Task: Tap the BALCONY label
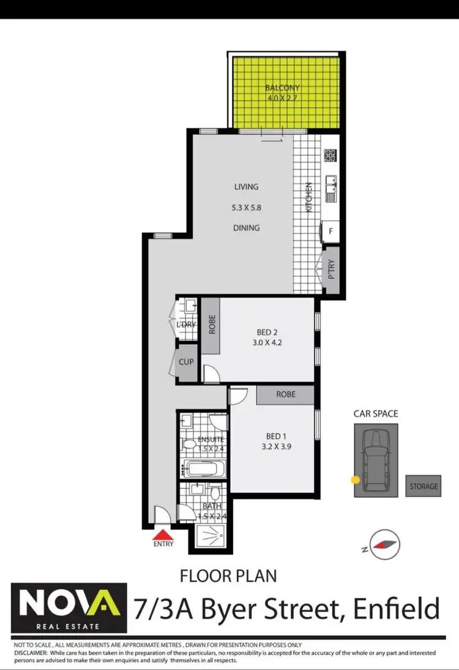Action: point(282,88)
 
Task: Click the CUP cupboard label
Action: point(186,362)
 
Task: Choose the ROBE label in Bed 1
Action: point(285,394)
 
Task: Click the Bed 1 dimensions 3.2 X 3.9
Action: point(276,447)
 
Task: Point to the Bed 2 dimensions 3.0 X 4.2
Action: point(267,343)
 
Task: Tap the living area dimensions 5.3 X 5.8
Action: point(247,208)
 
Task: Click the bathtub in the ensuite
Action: point(203,469)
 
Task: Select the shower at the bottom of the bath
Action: point(210,536)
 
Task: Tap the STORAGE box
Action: point(424,486)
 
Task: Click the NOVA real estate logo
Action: point(69,608)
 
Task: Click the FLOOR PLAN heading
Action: point(228,575)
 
